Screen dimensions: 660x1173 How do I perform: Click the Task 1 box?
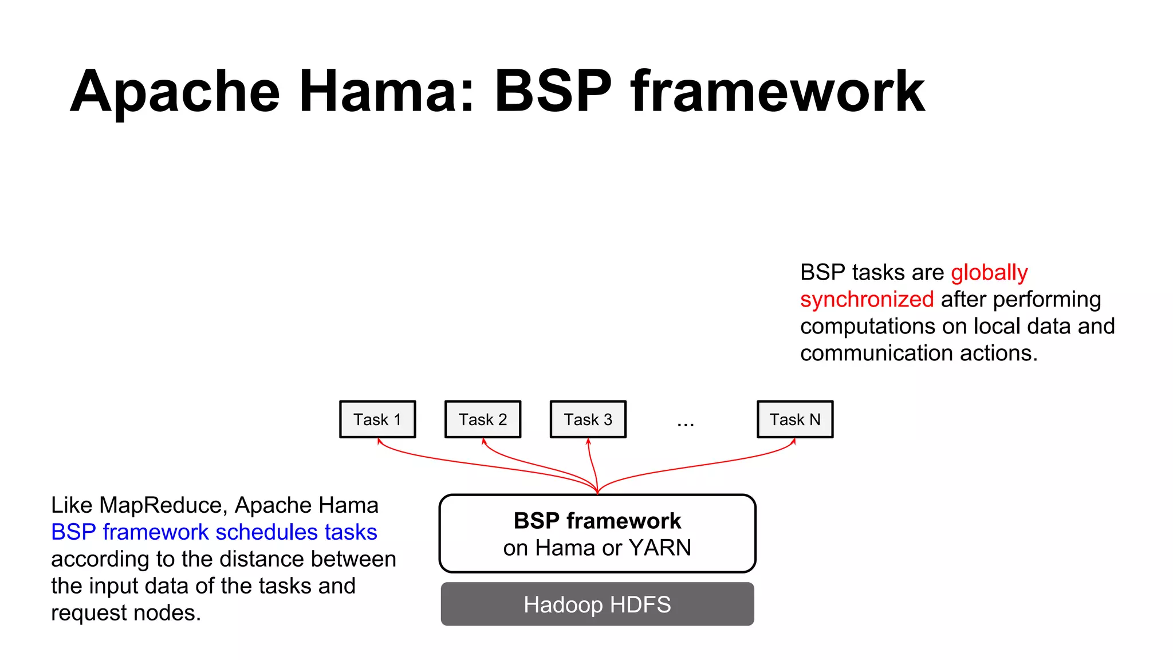[377, 419]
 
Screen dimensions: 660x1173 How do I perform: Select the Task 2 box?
[483, 419]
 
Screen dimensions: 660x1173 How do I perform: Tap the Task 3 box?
[588, 419]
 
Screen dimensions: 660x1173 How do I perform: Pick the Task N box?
[795, 419]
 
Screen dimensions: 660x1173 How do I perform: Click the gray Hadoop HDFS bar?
[597, 604]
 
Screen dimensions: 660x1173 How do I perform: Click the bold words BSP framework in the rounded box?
[597, 521]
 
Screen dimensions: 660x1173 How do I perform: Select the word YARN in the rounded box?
[660, 548]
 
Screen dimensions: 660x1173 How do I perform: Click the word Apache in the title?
[175, 92]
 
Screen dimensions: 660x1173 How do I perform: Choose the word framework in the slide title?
[777, 92]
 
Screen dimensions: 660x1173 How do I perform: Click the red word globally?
[989, 273]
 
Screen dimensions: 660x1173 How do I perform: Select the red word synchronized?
[867, 300]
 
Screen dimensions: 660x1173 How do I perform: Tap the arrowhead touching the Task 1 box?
[379, 441]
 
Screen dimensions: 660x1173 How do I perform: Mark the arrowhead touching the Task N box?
[794, 441]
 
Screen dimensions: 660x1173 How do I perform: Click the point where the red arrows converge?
[597, 492]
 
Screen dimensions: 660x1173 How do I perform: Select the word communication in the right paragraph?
[876, 353]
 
